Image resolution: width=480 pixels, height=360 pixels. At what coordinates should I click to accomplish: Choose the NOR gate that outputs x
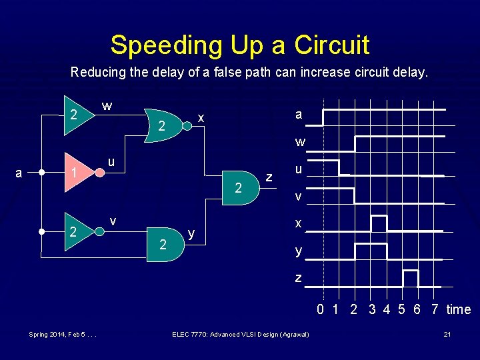click(x=165, y=125)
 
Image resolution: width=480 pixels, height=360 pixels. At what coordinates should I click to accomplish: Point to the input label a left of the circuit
click(x=19, y=173)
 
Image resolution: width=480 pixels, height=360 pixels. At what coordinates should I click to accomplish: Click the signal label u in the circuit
click(x=113, y=163)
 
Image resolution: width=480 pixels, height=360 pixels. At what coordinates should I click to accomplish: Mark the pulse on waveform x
click(x=379, y=223)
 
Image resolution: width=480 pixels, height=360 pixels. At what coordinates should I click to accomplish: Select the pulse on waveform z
click(x=411, y=277)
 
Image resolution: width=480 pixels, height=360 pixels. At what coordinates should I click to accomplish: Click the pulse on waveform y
click(x=371, y=251)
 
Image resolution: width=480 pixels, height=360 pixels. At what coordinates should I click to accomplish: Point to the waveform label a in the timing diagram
click(x=298, y=115)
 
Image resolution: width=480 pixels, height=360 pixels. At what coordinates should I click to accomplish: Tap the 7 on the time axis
click(x=435, y=309)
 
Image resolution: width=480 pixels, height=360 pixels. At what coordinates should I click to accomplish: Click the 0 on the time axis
click(x=321, y=309)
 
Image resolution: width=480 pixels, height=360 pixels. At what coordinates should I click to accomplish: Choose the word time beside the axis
click(x=458, y=309)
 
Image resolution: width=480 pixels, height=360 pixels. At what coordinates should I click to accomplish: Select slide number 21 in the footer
click(x=447, y=333)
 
